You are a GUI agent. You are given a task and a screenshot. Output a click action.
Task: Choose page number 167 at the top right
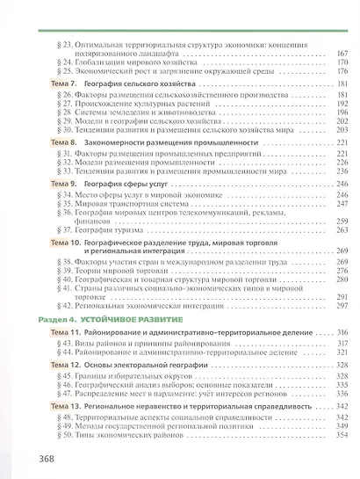342,52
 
